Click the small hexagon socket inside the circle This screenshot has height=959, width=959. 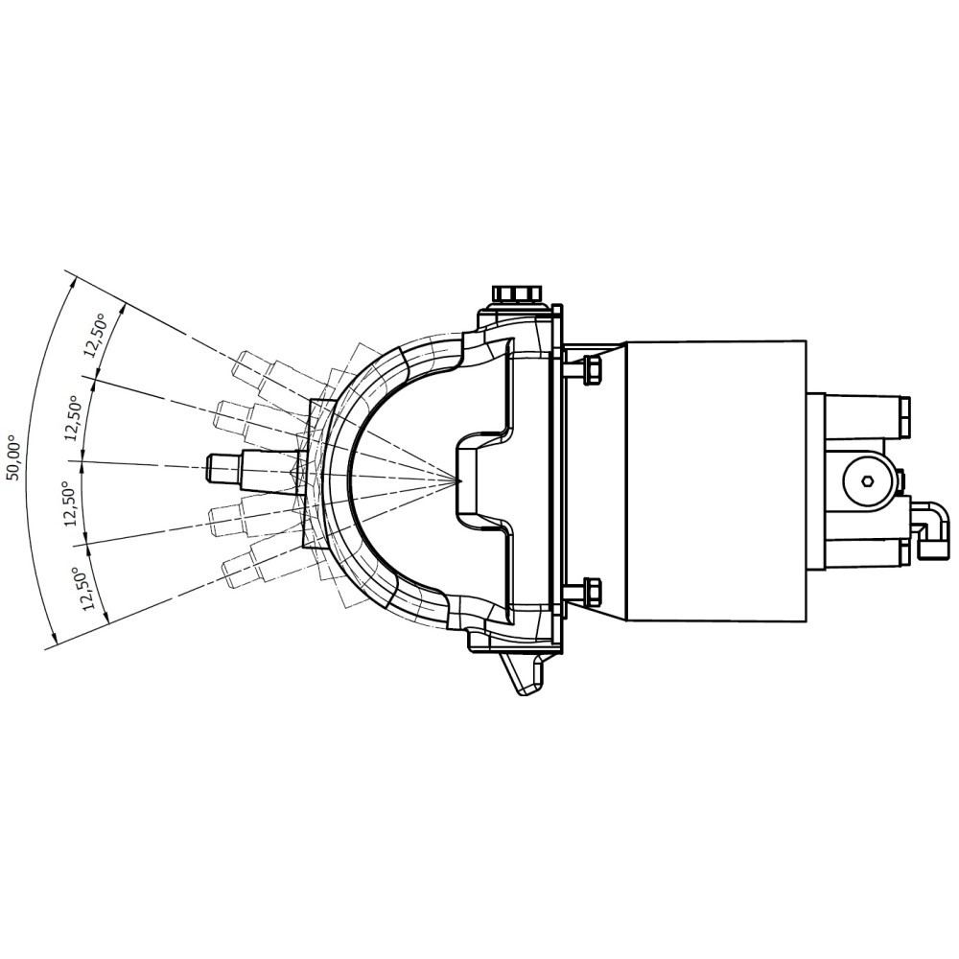867,481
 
